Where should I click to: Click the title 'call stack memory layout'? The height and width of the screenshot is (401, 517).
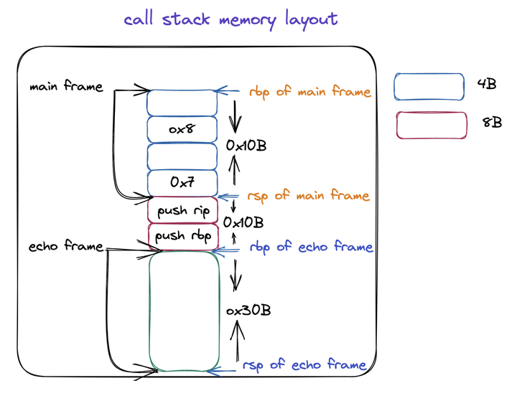pos(230,19)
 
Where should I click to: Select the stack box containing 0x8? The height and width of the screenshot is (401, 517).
pos(182,130)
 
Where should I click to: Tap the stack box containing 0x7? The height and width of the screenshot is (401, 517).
pos(182,182)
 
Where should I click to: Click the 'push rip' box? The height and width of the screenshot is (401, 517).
pos(182,210)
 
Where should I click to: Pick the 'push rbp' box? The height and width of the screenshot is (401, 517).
pos(182,236)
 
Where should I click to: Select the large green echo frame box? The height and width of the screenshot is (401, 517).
pos(183,310)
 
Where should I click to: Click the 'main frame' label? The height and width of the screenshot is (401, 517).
pos(66,87)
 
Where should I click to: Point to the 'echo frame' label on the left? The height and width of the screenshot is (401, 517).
pos(65,247)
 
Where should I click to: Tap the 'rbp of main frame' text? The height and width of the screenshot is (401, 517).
pos(310,92)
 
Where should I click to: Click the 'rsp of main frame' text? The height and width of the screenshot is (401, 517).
pos(309,196)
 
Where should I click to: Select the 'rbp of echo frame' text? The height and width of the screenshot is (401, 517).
pos(311,247)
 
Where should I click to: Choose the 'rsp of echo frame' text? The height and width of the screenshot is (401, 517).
pos(304,365)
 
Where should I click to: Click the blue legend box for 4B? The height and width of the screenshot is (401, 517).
pos(429,86)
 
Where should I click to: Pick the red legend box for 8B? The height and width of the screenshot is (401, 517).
pos(431,125)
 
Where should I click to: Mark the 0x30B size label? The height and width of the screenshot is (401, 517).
pos(248,311)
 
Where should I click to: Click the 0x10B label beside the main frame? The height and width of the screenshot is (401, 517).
pos(246,146)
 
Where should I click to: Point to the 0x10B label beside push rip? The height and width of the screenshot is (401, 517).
pos(243,222)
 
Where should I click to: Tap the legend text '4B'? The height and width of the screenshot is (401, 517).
pos(486,85)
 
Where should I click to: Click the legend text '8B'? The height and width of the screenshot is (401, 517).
pos(492,123)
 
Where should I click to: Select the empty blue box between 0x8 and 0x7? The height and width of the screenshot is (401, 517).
pos(182,156)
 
